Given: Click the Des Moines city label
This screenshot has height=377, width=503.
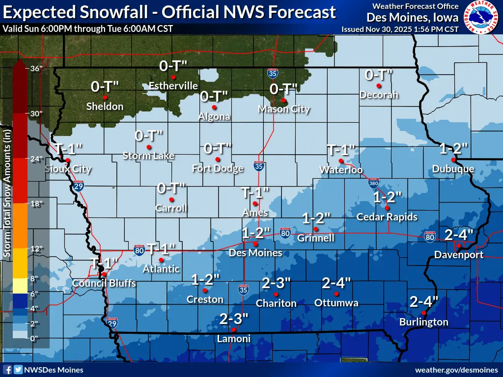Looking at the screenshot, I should pyautogui.click(x=255, y=253).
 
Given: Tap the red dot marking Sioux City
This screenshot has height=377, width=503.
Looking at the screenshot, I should pyautogui.click(x=68, y=161).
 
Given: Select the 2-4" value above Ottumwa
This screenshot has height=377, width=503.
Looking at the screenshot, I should pyautogui.click(x=336, y=283).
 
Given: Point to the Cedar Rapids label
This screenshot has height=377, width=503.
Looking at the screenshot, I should pyautogui.click(x=387, y=217).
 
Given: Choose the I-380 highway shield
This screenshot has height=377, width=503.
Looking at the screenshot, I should pyautogui.click(x=373, y=184).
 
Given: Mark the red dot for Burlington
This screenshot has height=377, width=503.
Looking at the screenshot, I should pyautogui.click(x=423, y=313).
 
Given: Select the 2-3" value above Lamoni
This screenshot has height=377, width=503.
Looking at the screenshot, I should pyautogui.click(x=234, y=319).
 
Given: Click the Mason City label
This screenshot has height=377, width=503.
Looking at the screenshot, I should pyautogui.click(x=284, y=109).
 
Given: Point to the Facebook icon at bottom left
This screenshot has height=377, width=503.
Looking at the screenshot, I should pyautogui.click(x=7, y=370).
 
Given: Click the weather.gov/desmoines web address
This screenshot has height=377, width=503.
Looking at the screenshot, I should pyautogui.click(x=457, y=370).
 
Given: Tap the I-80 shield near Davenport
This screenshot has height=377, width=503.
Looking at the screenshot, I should pyautogui.click(x=429, y=238).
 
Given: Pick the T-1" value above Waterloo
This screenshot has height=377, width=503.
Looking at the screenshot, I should pyautogui.click(x=340, y=149).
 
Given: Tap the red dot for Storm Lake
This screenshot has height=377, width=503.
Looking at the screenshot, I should pyautogui.click(x=149, y=147).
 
